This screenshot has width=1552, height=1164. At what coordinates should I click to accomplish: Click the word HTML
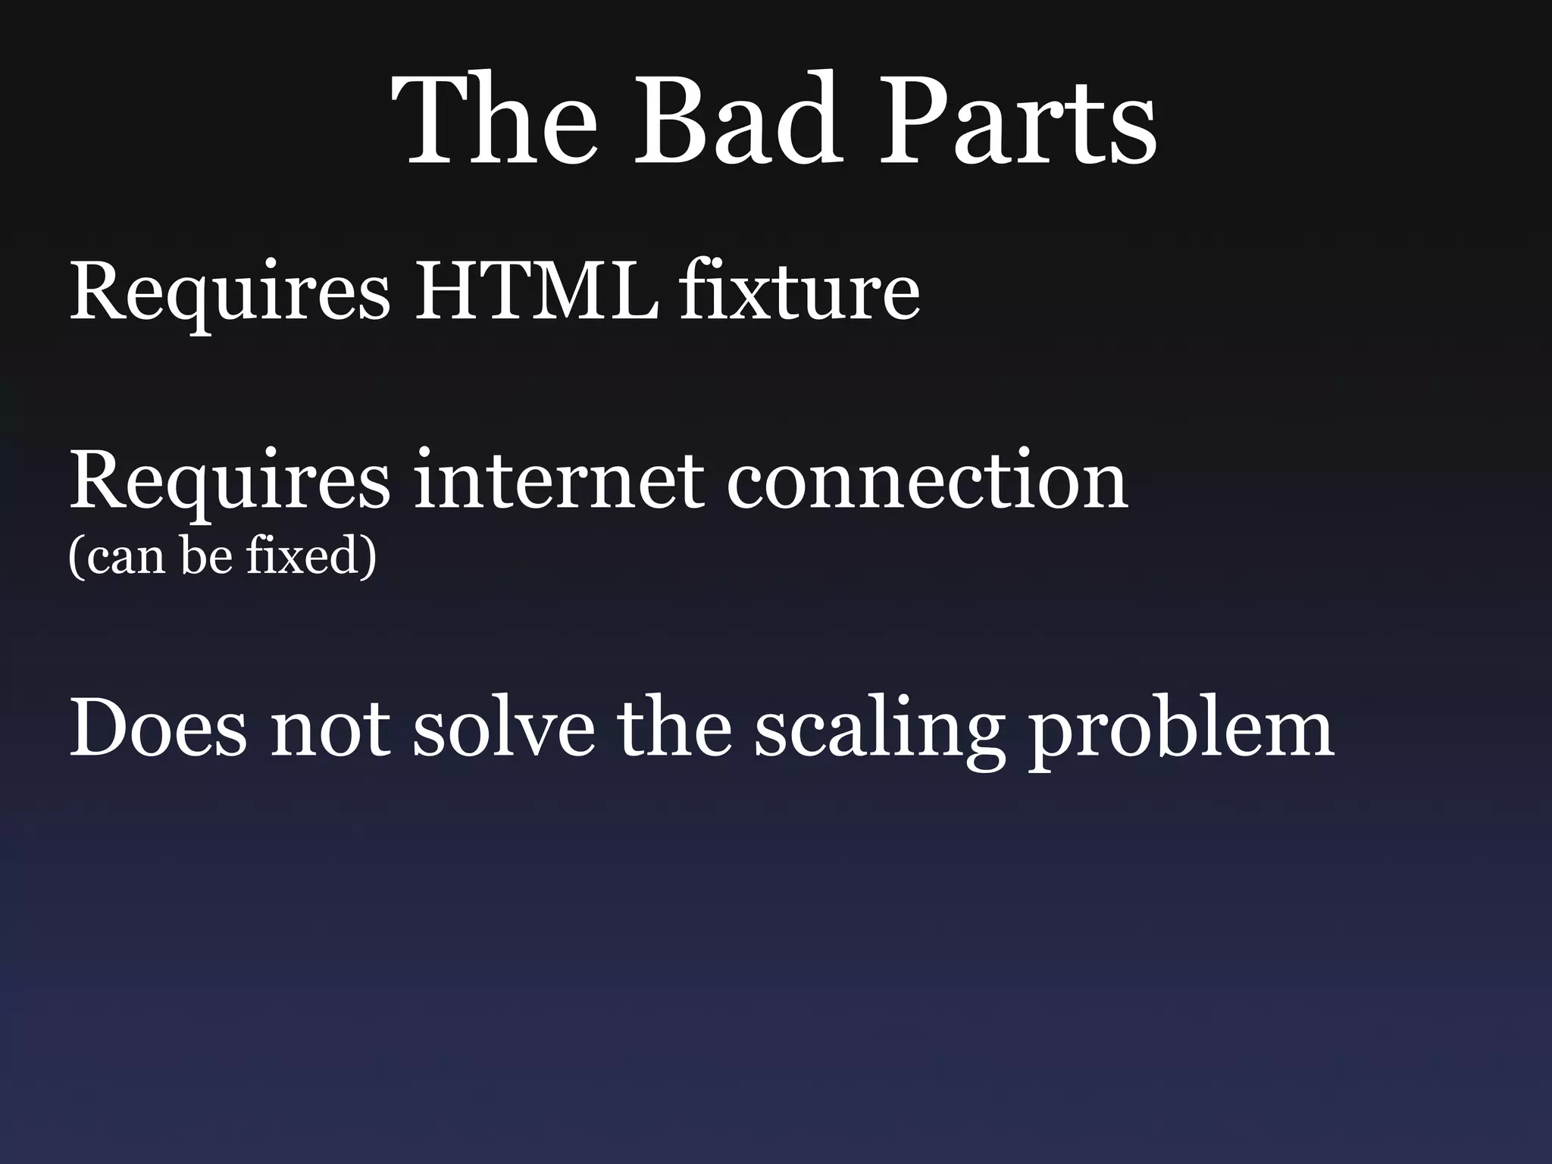coord(535,292)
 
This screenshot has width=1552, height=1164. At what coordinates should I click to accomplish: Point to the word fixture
coord(799,292)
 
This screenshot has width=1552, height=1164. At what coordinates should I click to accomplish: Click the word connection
coord(927,481)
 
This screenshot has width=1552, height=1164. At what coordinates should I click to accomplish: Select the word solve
coord(503,727)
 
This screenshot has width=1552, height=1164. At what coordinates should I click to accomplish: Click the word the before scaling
coord(675,727)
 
